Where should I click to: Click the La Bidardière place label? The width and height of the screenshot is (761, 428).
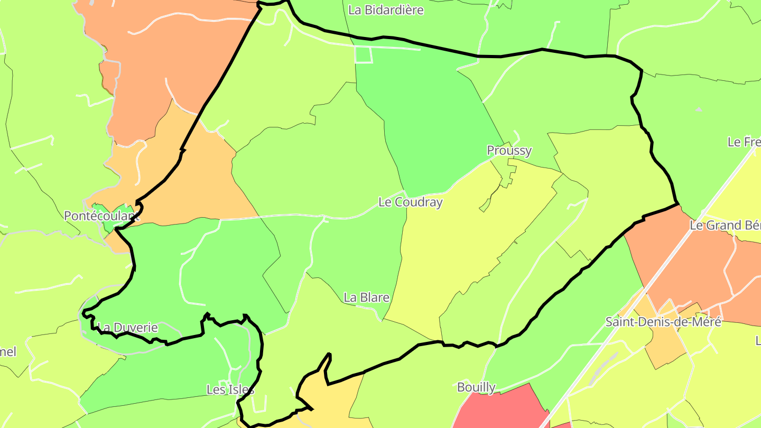tap(386, 10)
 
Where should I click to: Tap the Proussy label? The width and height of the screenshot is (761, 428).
tap(509, 151)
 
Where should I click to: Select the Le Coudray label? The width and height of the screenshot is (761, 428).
tap(410, 202)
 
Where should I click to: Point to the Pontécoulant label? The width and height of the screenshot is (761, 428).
tap(101, 216)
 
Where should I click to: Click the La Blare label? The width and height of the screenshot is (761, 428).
tap(366, 297)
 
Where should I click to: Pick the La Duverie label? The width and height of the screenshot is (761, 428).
tap(128, 328)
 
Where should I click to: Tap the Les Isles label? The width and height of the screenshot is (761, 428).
tap(230, 390)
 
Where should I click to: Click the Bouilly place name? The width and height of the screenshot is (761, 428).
tap(476, 387)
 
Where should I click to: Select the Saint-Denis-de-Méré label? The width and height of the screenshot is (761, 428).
tap(663, 322)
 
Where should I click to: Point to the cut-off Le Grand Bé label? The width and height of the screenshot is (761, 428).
tap(725, 226)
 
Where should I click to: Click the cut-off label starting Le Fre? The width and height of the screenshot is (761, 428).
tap(744, 142)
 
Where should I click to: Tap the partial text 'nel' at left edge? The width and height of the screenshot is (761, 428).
tap(8, 352)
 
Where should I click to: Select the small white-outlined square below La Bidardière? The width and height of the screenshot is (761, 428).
tap(364, 55)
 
